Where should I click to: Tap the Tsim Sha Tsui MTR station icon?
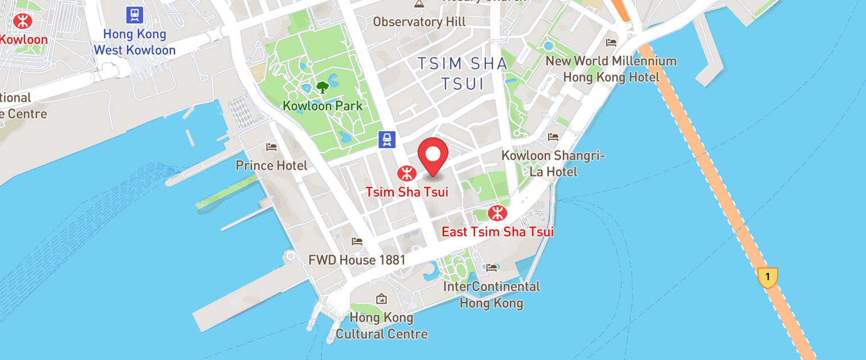click(406, 173)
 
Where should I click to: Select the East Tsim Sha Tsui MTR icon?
click(497, 213)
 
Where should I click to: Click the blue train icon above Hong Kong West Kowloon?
click(134, 14)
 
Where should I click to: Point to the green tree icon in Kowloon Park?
click(322, 87)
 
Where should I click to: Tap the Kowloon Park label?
click(322, 106)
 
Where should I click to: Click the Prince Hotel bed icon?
click(271, 147)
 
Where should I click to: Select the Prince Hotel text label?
click(271, 166)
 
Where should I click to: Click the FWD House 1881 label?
click(357, 260)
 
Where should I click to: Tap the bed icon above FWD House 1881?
click(357, 242)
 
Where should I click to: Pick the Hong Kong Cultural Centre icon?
click(381, 298)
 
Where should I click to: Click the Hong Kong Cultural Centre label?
click(381, 325)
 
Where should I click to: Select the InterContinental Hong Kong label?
click(491, 294)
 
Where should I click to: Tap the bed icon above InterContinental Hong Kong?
click(491, 267)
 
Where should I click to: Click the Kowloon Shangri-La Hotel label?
click(553, 163)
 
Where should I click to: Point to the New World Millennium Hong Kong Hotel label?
click(611, 69)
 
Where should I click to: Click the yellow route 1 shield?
click(767, 277)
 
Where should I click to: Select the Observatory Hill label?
click(419, 22)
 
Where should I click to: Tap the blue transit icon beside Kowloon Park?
click(387, 139)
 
